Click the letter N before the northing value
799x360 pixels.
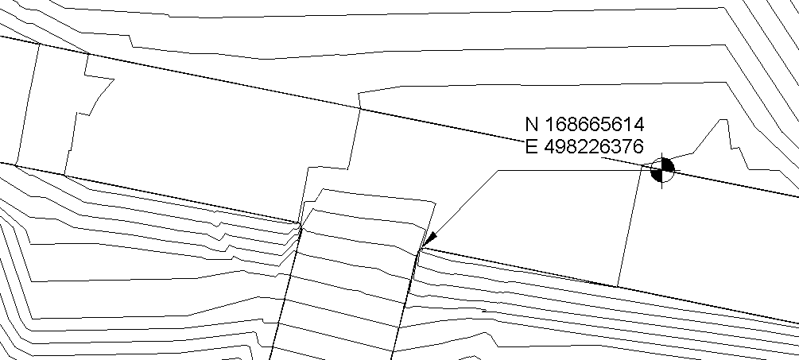tap(532, 124)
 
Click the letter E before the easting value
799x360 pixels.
tap(532, 147)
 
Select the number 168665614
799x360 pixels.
tap(595, 124)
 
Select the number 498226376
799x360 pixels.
tap(594, 147)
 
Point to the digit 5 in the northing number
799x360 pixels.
tap(606, 124)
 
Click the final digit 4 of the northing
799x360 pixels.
tap(639, 124)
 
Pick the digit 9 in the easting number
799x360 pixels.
tap(560, 147)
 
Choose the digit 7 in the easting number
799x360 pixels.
tap(627, 147)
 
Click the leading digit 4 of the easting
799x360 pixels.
tap(550, 147)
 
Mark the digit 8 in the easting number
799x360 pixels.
tap(572, 147)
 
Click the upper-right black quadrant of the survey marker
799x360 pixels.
tap(667, 165)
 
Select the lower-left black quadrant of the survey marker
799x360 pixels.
tap(657, 175)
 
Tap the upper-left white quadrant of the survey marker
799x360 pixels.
tap(657, 165)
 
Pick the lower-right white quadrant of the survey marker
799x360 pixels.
tap(667, 175)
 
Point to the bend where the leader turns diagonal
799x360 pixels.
tap(498, 171)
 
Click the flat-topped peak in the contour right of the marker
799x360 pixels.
tap(723, 120)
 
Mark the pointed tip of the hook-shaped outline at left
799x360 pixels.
tap(114, 79)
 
